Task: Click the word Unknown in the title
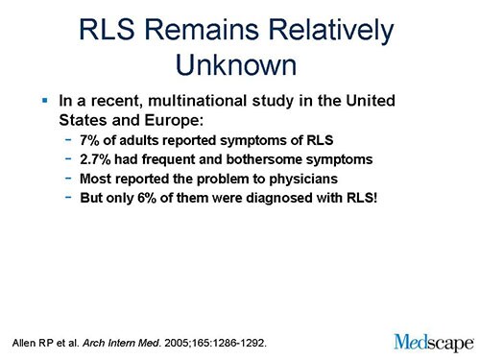pos(240,64)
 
